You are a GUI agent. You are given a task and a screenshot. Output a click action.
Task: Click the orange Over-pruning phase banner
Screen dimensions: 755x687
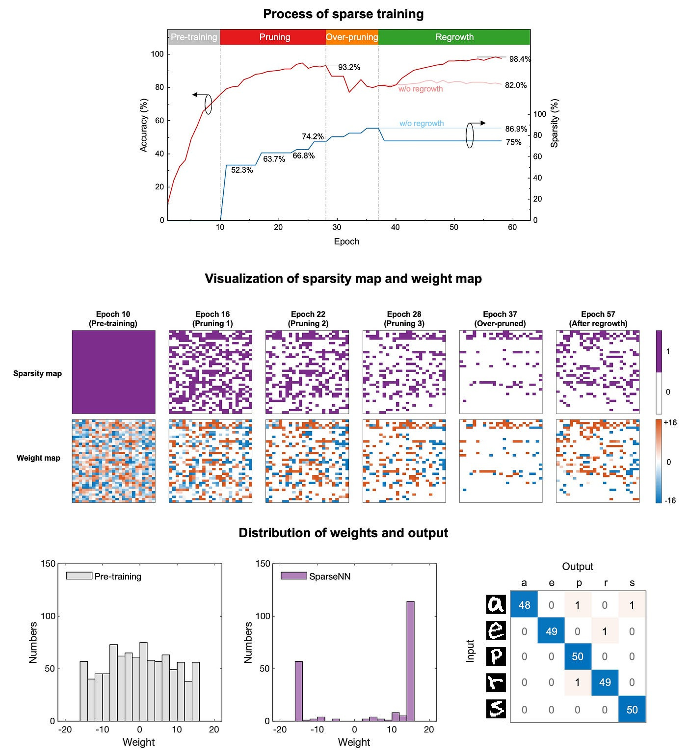coord(352,37)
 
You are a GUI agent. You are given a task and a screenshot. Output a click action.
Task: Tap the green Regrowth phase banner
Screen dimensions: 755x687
coord(454,37)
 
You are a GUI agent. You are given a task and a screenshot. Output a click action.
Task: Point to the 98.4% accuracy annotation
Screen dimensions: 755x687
coord(520,59)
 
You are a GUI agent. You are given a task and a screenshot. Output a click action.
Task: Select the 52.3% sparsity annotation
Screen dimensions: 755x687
coord(242,170)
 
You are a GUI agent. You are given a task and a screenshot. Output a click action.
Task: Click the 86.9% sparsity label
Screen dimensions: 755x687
coord(516,130)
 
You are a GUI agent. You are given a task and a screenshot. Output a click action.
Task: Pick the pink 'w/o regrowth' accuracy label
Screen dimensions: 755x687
coord(421,89)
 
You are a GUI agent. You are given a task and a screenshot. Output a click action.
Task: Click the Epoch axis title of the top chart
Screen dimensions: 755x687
coord(346,241)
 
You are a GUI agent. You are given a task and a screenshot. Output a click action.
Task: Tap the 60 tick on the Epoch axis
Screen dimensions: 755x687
coord(512,227)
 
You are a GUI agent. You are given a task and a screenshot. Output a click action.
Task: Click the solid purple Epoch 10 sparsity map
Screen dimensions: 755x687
coord(113,372)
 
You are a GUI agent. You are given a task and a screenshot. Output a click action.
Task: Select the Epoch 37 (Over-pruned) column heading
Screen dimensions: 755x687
coord(500,319)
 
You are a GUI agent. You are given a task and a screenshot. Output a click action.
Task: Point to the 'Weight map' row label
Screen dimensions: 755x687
coord(38,458)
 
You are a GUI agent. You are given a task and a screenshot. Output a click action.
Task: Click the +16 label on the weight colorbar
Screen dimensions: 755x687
coord(670,423)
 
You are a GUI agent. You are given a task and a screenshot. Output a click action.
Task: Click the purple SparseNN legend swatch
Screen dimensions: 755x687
coord(293,576)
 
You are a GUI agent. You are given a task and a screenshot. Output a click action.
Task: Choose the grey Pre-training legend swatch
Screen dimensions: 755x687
coord(79,576)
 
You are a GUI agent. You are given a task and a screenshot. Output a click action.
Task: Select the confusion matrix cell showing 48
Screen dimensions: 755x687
coord(524,605)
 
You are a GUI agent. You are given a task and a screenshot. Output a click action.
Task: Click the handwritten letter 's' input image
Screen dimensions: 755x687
coord(496,709)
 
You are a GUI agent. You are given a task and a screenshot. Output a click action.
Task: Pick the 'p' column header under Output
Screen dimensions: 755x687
coord(579,583)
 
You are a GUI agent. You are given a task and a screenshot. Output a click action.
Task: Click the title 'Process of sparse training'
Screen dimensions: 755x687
coord(343,14)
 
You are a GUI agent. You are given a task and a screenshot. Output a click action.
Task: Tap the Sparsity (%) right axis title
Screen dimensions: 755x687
coord(555,123)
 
